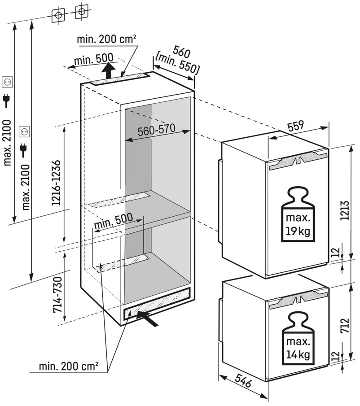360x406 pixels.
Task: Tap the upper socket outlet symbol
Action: pyautogui.click(x=8, y=82)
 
